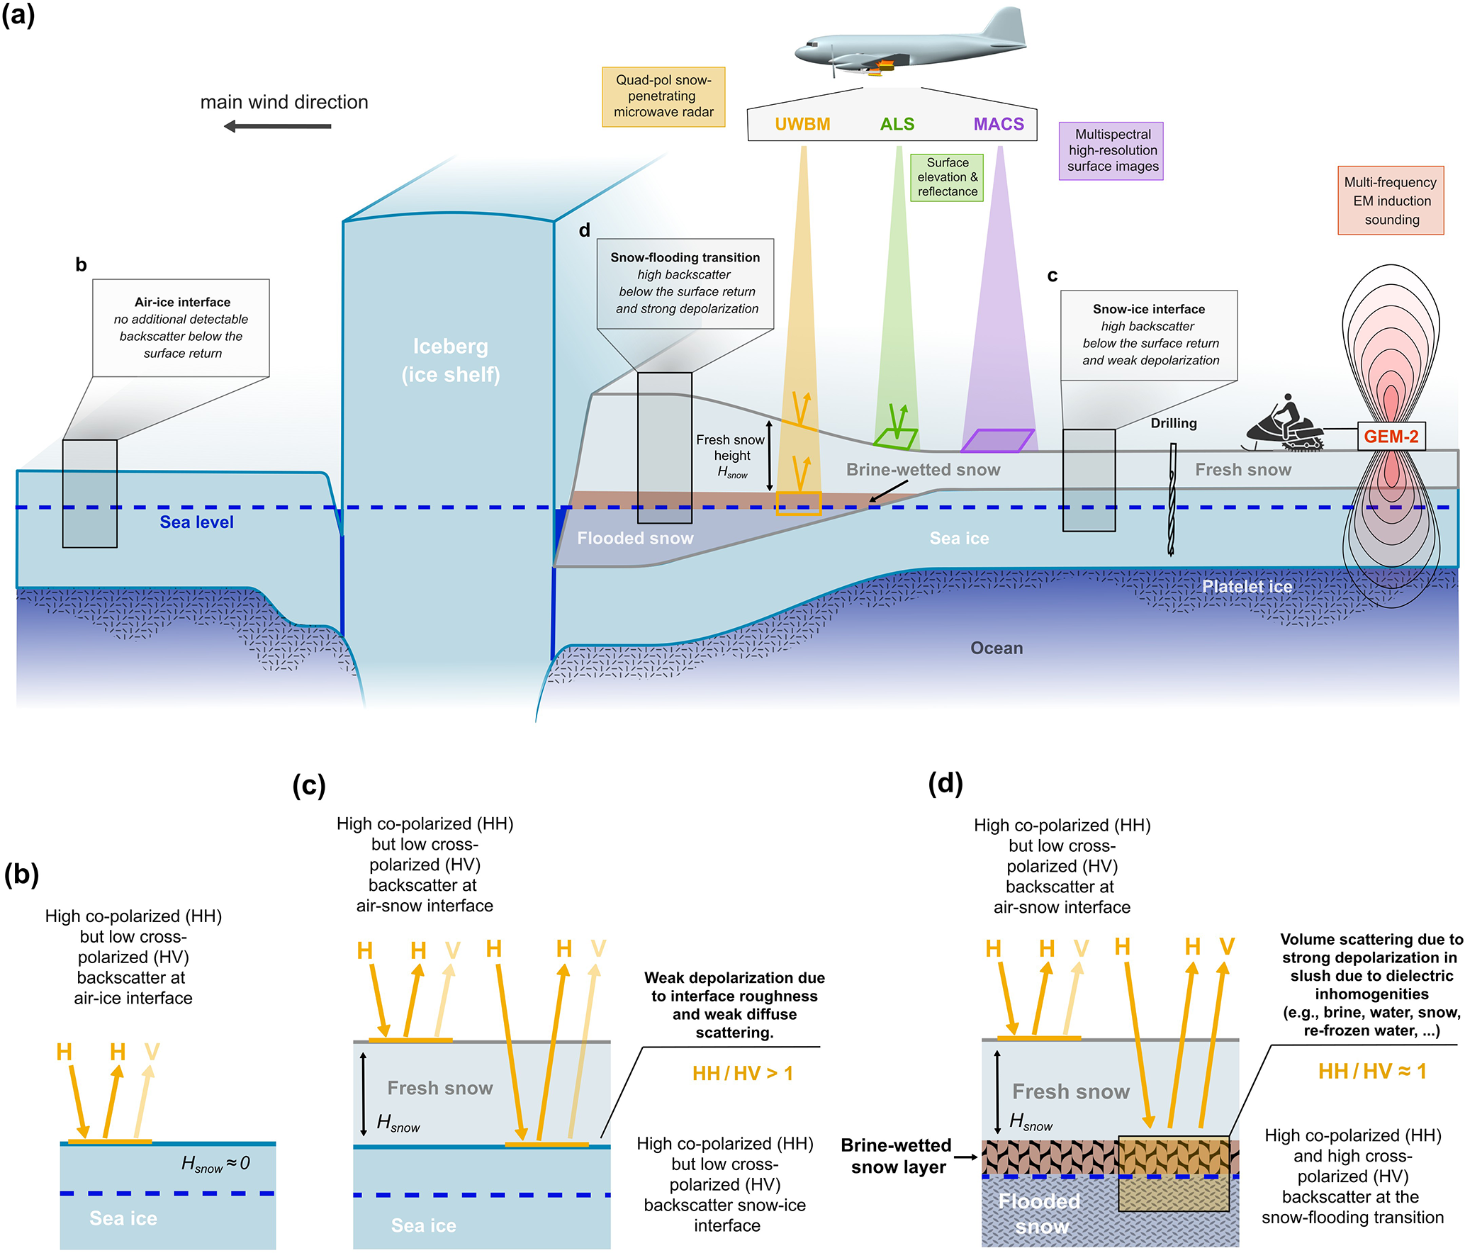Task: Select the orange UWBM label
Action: click(x=802, y=124)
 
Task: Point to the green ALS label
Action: click(x=897, y=124)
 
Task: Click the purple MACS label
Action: click(x=999, y=124)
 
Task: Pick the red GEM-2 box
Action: click(x=1391, y=437)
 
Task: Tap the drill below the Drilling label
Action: click(x=1172, y=499)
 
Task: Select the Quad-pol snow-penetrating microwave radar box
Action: click(x=663, y=96)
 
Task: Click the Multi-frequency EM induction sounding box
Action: click(x=1391, y=201)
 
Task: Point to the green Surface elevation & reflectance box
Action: click(x=947, y=177)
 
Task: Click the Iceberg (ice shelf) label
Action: click(x=451, y=360)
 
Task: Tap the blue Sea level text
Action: click(x=196, y=522)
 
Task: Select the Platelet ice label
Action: click(x=1247, y=587)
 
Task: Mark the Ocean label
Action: click(x=997, y=648)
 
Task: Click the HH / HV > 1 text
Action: click(x=742, y=1074)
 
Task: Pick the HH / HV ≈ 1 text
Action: click(x=1372, y=1071)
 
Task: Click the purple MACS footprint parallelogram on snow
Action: click(x=998, y=440)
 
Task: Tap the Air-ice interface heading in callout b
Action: click(x=182, y=302)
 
